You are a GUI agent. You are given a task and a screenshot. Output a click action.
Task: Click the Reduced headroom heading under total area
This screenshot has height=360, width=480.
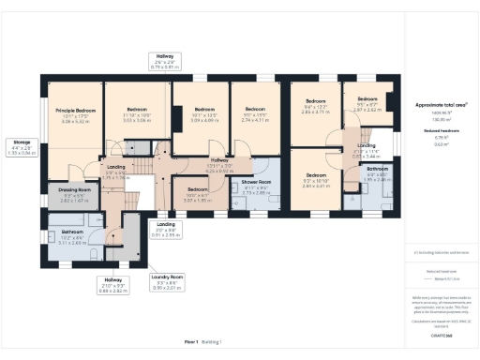click(439, 132)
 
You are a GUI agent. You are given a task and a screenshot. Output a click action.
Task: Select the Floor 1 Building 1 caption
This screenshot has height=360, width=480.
click(202, 342)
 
